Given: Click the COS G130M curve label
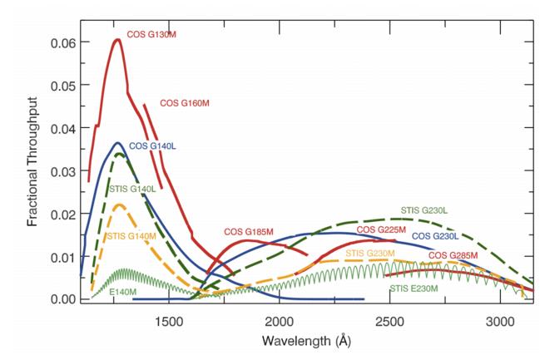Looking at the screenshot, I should [x=151, y=34].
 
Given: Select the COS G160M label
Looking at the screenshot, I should [x=184, y=103].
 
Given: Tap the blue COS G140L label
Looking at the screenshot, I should [x=151, y=146].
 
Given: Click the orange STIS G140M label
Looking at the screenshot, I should [x=132, y=237].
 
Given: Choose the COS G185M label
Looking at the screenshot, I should [x=250, y=232].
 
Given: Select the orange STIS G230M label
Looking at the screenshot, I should [x=370, y=253].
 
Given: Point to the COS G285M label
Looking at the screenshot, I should [x=453, y=254].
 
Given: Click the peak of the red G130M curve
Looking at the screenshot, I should [x=116, y=39].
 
